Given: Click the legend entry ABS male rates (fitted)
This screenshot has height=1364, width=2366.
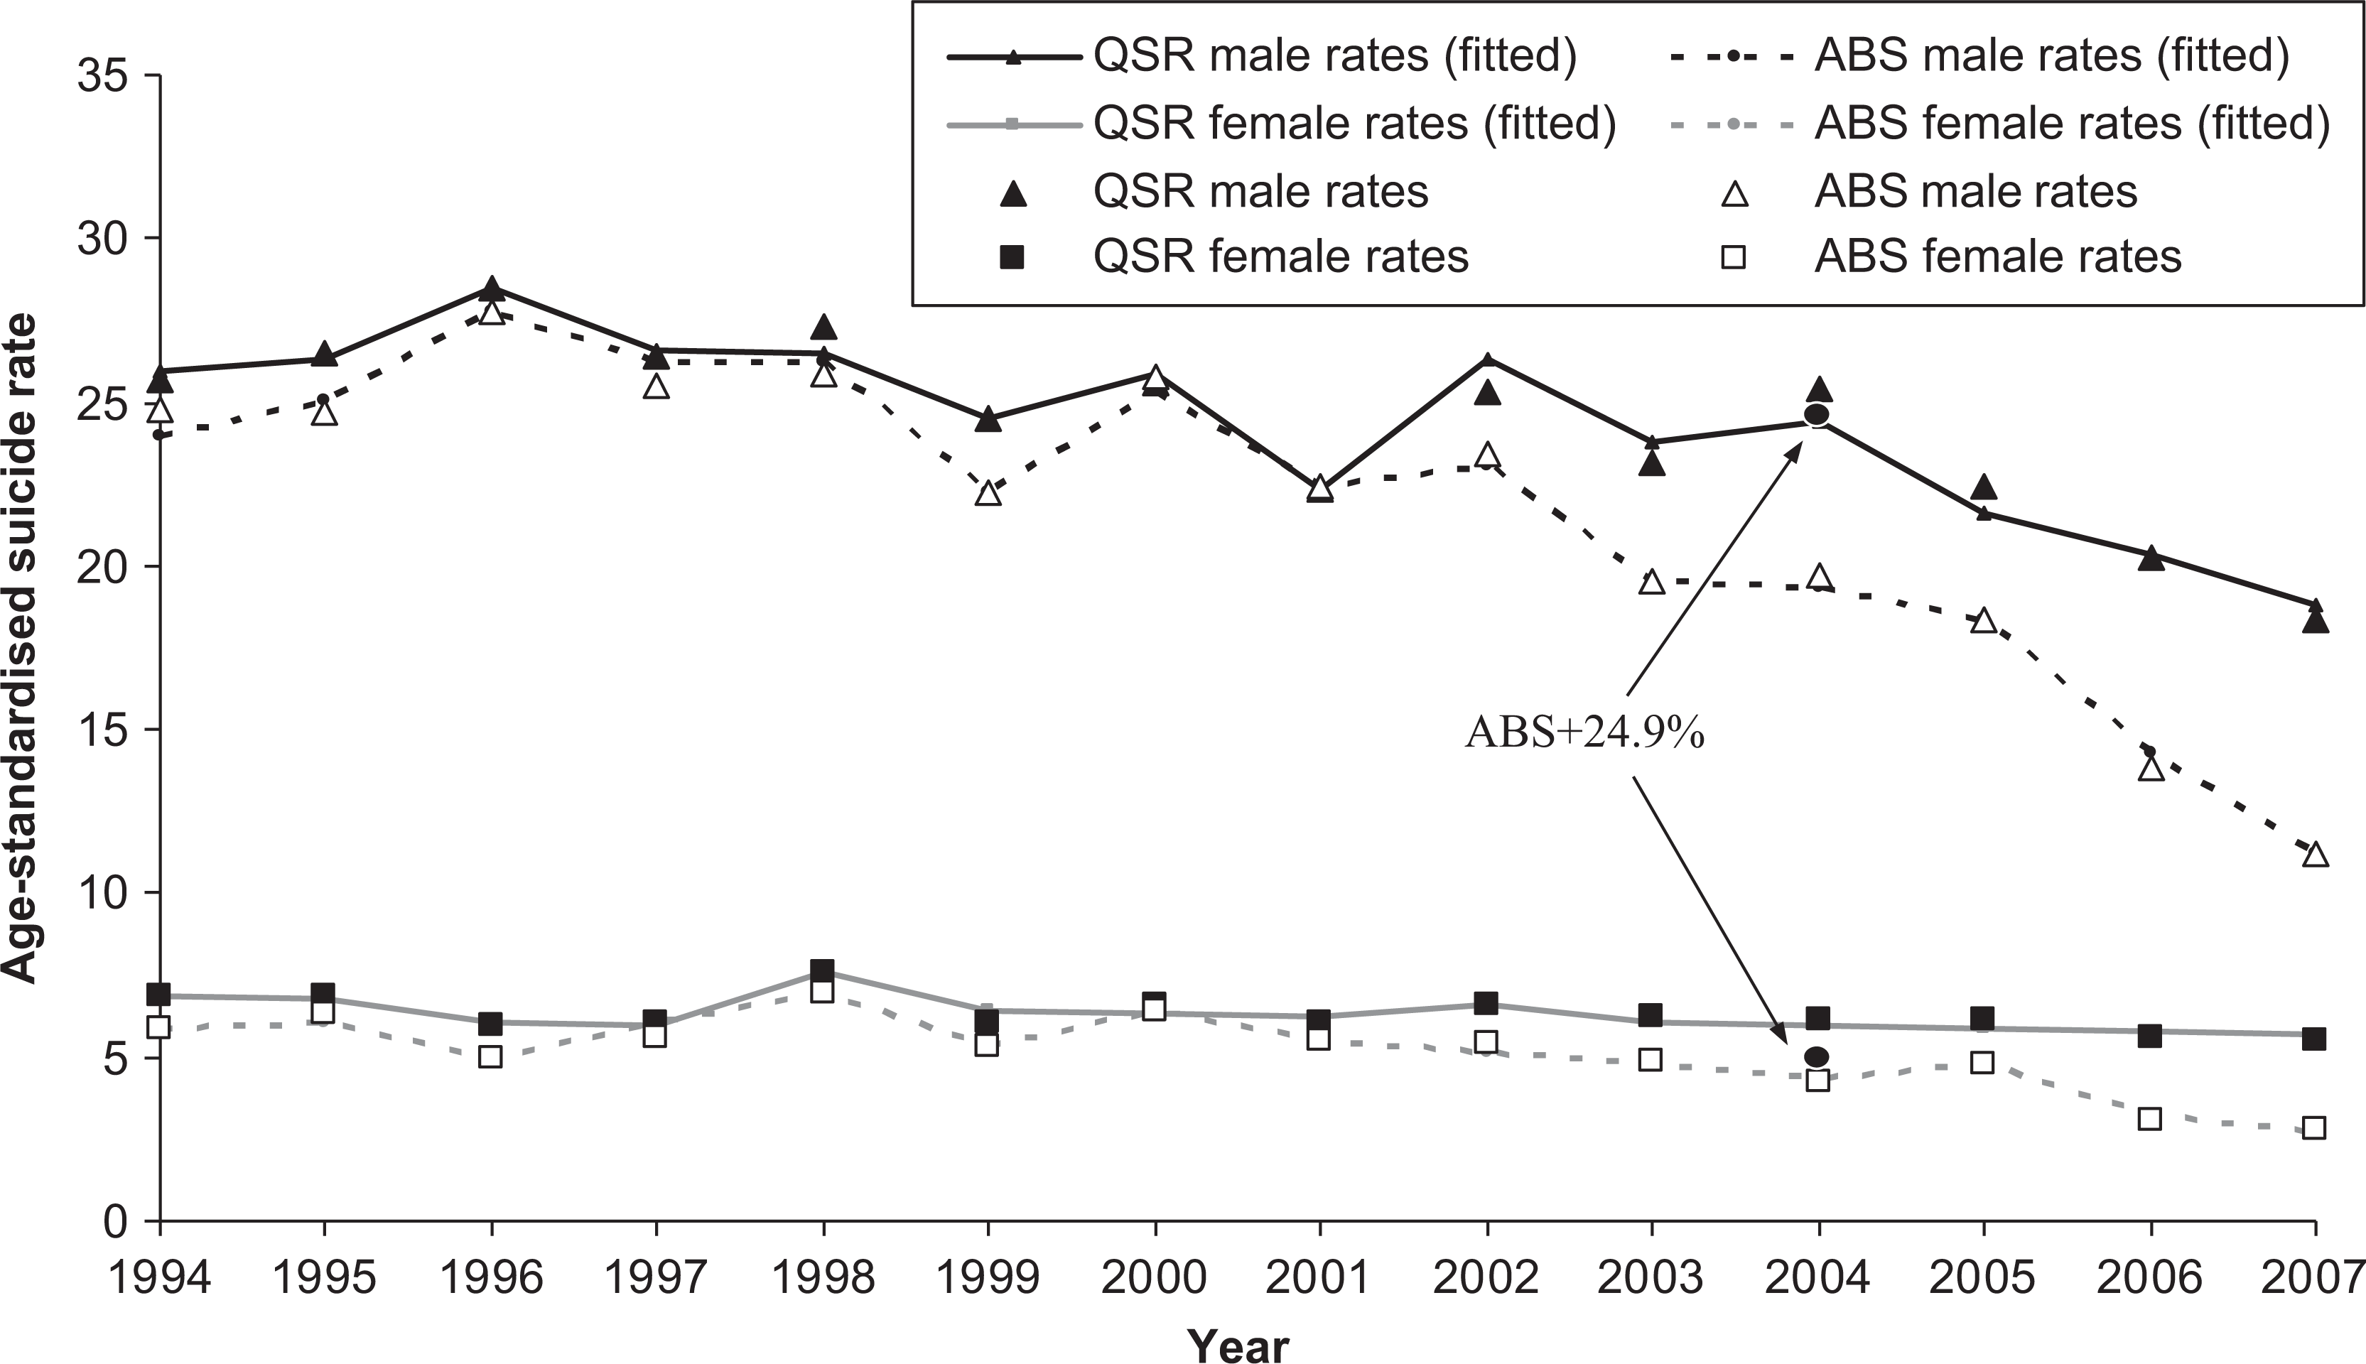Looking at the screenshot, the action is tap(1980, 56).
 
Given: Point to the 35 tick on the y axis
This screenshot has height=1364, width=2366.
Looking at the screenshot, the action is tap(106, 75).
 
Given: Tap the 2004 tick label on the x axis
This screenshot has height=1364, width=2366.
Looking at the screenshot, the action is tap(1817, 1277).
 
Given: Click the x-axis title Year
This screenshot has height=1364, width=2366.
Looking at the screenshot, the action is tap(1238, 1346).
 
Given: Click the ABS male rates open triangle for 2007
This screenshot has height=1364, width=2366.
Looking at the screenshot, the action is tap(2314, 855).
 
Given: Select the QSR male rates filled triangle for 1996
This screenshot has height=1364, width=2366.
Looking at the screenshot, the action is tap(491, 288).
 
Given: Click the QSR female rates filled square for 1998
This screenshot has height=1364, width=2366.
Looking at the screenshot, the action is tap(822, 970).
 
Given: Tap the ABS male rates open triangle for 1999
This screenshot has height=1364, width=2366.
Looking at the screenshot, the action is tap(988, 493).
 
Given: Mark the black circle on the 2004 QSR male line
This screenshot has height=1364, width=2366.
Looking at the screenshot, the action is tap(1816, 414).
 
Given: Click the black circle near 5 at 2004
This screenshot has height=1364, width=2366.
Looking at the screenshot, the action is tap(1816, 1056).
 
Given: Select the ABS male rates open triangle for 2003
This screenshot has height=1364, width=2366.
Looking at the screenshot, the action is tap(1651, 581).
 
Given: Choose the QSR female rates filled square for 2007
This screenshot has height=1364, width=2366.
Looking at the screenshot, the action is tap(2314, 1038).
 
